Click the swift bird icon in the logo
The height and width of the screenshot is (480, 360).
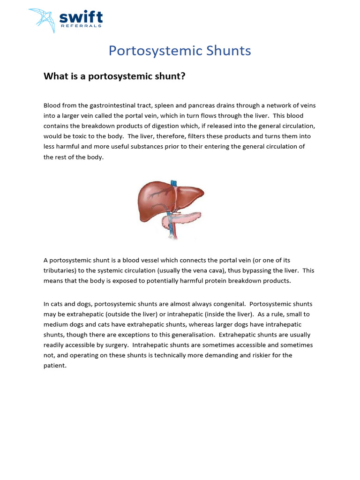pyautogui.click(x=42, y=20)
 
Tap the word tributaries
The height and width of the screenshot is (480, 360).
pyautogui.click(x=60, y=270)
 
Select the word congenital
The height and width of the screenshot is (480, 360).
pyautogui.click(x=228, y=304)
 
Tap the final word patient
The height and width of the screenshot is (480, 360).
pyautogui.click(x=55, y=366)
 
